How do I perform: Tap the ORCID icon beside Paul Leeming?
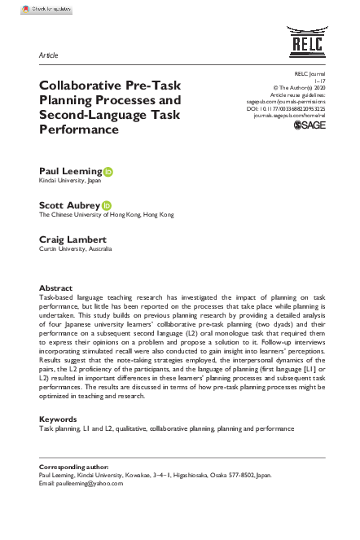(x=108, y=172)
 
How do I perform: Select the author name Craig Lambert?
(x=73, y=240)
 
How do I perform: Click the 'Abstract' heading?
(x=55, y=288)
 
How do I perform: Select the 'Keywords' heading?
(x=58, y=419)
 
